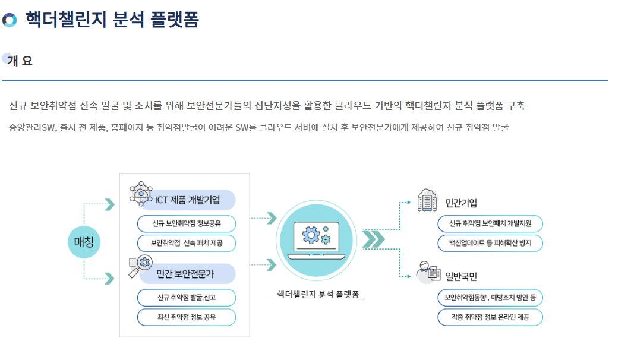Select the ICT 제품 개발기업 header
187,200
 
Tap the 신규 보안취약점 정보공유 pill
187,224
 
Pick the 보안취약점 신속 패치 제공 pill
187,244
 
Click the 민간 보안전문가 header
185,274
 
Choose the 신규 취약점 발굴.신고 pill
187,298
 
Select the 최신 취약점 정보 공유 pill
187,317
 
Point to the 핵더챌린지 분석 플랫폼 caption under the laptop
320,295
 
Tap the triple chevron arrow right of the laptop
374,239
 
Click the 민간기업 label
462,203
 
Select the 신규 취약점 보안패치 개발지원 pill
490,224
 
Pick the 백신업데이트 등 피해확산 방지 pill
490,244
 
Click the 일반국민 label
462,276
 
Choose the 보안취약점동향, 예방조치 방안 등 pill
490,298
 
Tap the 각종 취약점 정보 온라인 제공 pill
490,317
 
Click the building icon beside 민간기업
427,201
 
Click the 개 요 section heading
20,61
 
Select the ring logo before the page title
10,20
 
